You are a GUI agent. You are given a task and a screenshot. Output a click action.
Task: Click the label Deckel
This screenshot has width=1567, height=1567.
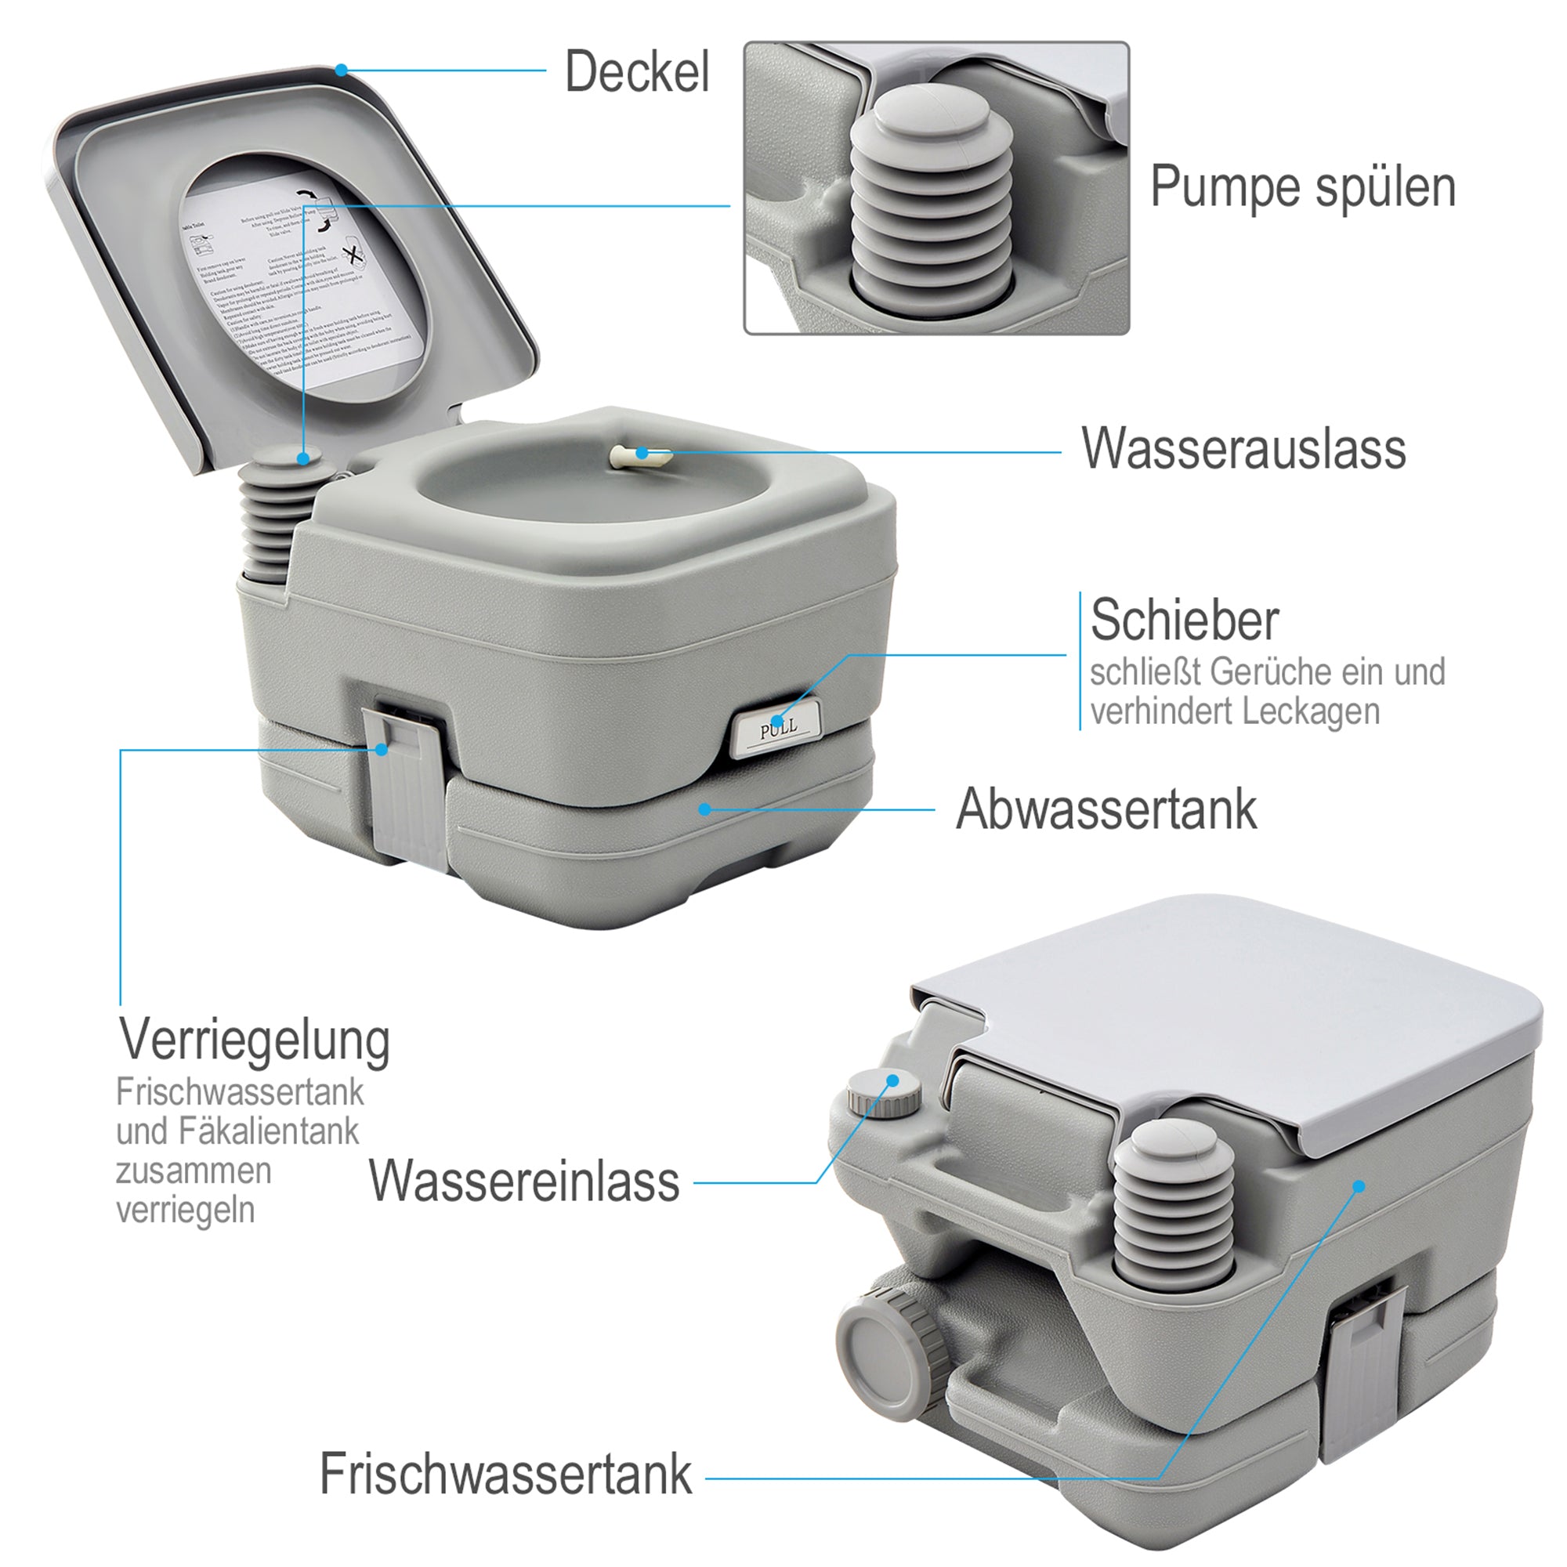pyautogui.click(x=637, y=71)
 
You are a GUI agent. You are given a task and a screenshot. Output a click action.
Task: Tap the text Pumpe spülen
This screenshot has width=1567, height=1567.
pyautogui.click(x=1303, y=187)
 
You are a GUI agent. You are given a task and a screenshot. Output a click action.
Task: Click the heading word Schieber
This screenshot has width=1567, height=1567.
pyautogui.click(x=1184, y=620)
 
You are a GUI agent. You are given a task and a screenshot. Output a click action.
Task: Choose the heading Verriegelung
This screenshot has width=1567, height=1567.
pyautogui.click(x=255, y=1040)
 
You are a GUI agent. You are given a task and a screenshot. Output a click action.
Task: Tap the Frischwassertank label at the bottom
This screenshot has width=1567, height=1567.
pyautogui.click(x=506, y=1473)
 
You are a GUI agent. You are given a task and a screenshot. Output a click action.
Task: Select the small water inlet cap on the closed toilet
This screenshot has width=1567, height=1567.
pyautogui.click(x=884, y=1093)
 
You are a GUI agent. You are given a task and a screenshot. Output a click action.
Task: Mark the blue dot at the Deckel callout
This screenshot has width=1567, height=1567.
pyautogui.click(x=342, y=71)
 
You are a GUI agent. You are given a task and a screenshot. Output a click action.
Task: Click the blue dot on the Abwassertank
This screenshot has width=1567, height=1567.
pyautogui.click(x=705, y=809)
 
